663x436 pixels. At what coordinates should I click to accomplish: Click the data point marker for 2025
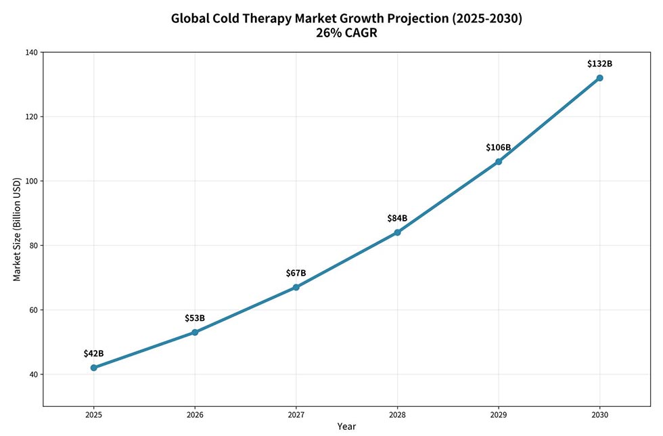(93, 368)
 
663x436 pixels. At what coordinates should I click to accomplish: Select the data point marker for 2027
(296, 287)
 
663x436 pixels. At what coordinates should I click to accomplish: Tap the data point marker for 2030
(599, 78)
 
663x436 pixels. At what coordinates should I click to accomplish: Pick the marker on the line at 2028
(397, 232)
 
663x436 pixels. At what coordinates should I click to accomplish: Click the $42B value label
(93, 353)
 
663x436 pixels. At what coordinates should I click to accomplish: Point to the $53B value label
(195, 318)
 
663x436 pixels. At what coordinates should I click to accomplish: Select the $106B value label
(498, 148)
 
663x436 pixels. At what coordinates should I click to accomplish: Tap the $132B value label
(599, 64)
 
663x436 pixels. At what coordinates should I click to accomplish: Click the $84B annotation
(397, 218)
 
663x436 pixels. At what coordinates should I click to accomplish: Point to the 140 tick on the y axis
(32, 52)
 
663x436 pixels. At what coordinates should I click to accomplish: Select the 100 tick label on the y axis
(32, 181)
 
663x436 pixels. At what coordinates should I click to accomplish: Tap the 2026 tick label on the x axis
(195, 414)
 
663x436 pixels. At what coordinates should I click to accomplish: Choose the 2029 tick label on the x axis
(498, 414)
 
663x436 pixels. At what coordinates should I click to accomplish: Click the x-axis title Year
(346, 427)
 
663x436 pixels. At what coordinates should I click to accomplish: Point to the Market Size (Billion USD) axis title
(17, 229)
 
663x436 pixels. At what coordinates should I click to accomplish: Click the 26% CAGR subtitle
(346, 33)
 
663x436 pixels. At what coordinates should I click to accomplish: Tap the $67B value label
(296, 273)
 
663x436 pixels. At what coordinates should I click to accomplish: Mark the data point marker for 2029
(498, 161)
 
